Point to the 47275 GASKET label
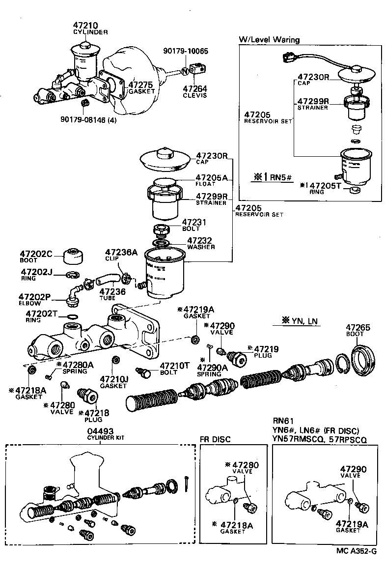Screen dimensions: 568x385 point(141,87)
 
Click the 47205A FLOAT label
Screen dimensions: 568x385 point(212,180)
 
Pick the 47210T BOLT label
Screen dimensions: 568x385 point(175,369)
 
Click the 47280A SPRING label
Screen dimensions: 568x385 point(75,367)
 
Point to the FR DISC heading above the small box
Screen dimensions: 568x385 point(215,439)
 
